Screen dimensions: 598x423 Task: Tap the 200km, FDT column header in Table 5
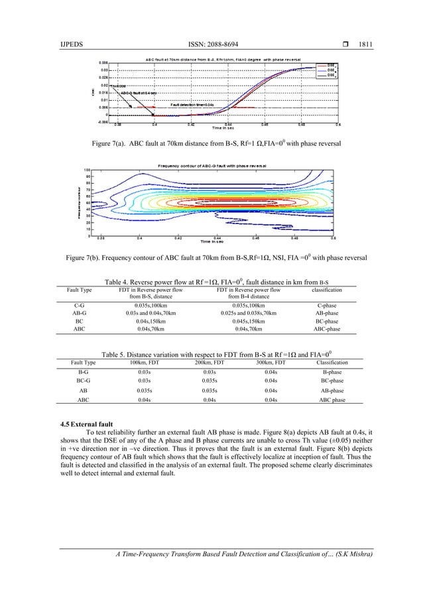pos(208,363)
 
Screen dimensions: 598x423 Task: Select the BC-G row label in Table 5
pos(84,381)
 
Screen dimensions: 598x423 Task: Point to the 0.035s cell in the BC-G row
pos(208,381)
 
